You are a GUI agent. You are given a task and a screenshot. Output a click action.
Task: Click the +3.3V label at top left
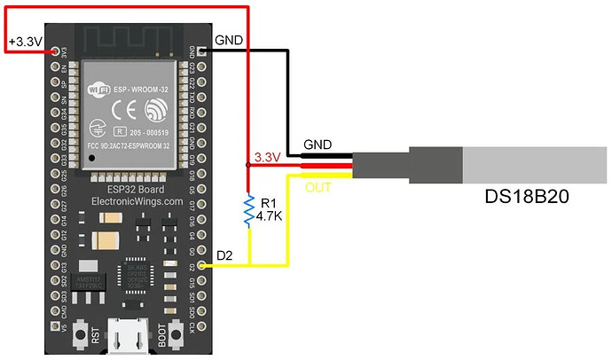coord(26,42)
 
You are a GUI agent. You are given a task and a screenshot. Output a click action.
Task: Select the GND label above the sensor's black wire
coord(318,144)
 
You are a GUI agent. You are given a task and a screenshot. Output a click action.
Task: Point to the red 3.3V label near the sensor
coord(268,158)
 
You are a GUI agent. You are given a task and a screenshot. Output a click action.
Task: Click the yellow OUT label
coord(318,187)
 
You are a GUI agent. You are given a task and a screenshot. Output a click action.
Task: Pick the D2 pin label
coord(225,256)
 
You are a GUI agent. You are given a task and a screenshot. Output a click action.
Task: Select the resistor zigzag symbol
coord(249,210)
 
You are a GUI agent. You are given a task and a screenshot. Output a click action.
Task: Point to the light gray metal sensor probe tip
coord(532,165)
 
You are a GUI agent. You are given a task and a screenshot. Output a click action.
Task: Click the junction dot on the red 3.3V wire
coord(248,166)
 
